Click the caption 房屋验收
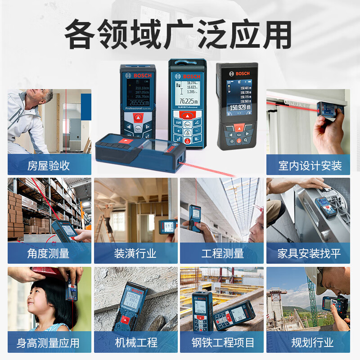(49, 166)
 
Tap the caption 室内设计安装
(310, 166)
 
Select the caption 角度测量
(49, 253)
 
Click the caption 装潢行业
(135, 253)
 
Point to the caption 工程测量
(222, 253)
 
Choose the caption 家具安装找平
(309, 253)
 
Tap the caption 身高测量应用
(48, 343)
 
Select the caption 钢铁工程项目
(222, 343)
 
